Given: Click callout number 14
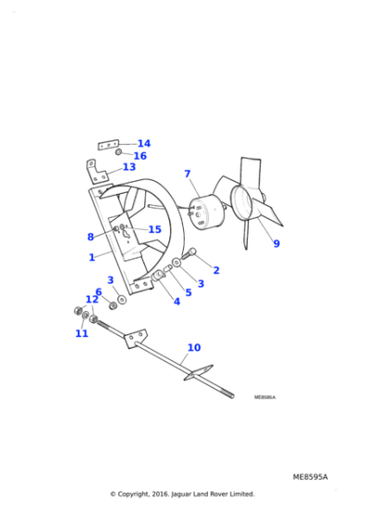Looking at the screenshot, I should click(x=143, y=144).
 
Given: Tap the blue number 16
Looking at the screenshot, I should click(x=140, y=156).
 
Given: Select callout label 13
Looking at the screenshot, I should click(x=129, y=167).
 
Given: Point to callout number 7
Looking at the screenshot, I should click(x=187, y=174).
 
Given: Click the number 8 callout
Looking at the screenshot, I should click(x=91, y=236).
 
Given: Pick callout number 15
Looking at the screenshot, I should click(x=154, y=230).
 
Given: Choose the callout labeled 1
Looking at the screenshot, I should click(x=91, y=258).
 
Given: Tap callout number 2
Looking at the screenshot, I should click(x=216, y=271).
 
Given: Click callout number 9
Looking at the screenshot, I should click(x=275, y=244).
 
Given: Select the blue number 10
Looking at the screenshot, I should click(x=193, y=348).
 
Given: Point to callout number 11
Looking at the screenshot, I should click(x=81, y=333).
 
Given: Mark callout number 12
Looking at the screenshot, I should click(x=91, y=299).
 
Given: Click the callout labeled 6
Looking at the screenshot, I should click(x=98, y=292).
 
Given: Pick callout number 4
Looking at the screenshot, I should click(x=177, y=301).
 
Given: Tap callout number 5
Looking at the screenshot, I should click(x=188, y=293).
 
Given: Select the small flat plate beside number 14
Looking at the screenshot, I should click(x=109, y=145).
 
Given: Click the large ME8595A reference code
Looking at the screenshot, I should click(x=310, y=477).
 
